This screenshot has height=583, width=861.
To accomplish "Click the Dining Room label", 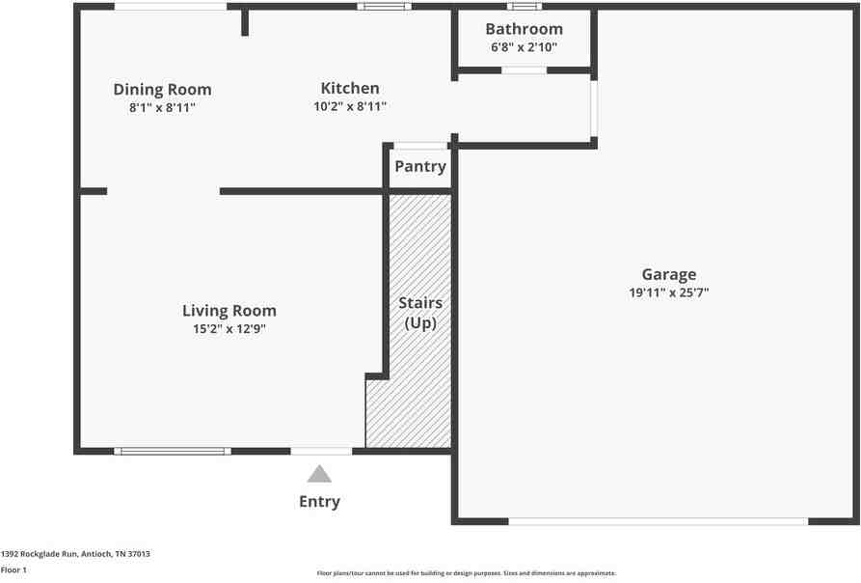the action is point(162,89).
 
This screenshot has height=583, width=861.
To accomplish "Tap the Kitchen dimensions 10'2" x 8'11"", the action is point(350,106).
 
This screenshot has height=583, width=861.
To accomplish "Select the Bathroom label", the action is point(524,29).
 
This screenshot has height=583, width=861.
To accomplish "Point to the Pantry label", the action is point(420,166).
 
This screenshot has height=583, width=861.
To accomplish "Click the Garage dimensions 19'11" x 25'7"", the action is point(669,292).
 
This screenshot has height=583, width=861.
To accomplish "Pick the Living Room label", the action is point(229,311).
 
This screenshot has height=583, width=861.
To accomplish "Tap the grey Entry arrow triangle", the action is point(319,474).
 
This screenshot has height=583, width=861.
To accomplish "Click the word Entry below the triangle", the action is point(319,502).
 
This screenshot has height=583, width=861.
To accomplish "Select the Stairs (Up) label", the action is point(420,313).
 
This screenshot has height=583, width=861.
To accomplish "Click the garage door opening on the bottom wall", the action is point(659,521).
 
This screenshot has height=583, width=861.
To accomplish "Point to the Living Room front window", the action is point(173,451).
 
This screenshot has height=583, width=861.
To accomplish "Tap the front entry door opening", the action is point(321,451).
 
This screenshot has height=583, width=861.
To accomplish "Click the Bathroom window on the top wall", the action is point(525,7).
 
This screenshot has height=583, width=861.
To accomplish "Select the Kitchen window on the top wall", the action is point(384,7).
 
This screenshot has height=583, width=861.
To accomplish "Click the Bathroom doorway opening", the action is point(525,70).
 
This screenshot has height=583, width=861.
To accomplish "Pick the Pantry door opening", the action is point(421,146).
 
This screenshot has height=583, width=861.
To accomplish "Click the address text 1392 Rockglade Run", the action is point(40,554).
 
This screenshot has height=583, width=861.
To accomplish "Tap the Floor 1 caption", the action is point(13,569).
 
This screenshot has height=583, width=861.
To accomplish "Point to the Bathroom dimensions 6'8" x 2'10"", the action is point(524,47).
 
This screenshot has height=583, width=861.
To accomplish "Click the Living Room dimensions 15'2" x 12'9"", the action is point(229,329).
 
